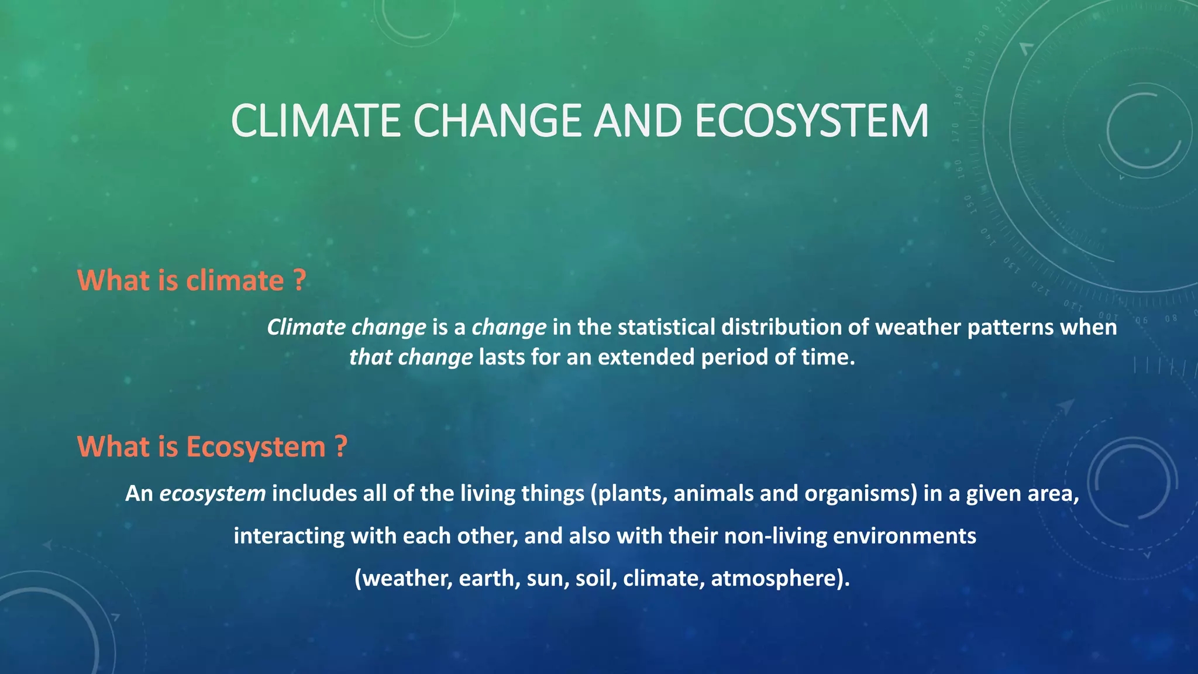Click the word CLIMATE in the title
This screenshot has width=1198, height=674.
pyautogui.click(x=316, y=121)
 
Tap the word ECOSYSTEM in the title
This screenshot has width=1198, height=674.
pyautogui.click(x=811, y=121)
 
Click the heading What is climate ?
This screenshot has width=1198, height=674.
pyautogui.click(x=191, y=280)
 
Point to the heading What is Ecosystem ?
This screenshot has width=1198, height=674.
pyautogui.click(x=212, y=446)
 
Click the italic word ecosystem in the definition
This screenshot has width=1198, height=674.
pyautogui.click(x=212, y=494)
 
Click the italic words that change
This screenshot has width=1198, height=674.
pyautogui.click(x=411, y=357)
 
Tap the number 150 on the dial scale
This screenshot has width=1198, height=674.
pyautogui.click(x=968, y=205)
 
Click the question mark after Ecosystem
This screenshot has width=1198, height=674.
pyautogui.click(x=342, y=446)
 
